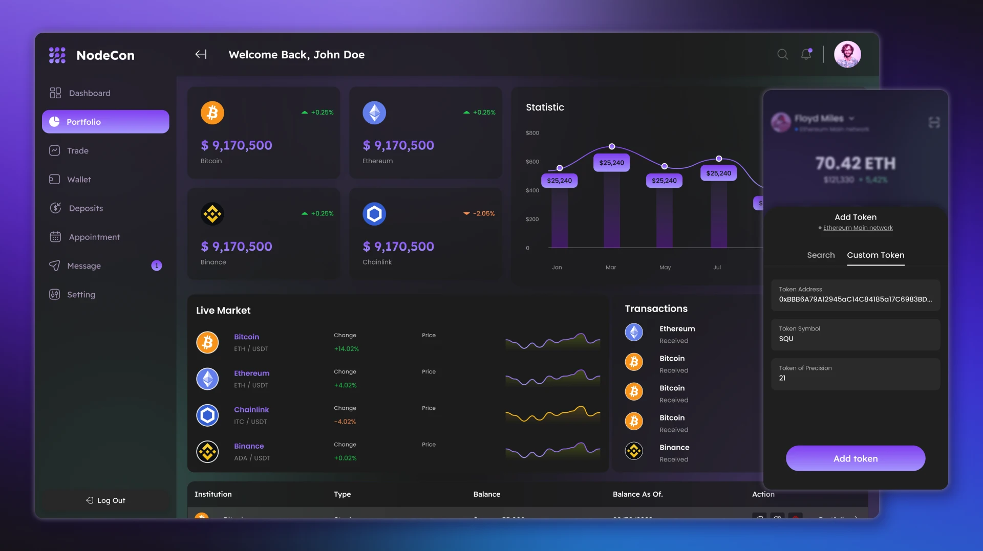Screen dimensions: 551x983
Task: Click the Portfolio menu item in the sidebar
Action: coord(105,122)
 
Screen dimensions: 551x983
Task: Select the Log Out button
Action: coord(105,500)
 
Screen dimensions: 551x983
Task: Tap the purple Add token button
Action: coord(855,458)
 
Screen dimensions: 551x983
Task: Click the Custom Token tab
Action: coord(875,255)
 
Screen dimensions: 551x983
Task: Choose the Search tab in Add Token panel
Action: coord(820,255)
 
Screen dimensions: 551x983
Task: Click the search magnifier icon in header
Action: coord(782,54)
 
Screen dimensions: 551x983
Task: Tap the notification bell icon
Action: coord(806,54)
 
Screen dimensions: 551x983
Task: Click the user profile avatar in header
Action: coord(847,54)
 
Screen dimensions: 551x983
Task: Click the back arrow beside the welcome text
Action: coord(201,54)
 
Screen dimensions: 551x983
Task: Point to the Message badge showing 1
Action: coord(157,266)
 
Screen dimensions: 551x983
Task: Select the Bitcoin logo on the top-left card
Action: coord(212,113)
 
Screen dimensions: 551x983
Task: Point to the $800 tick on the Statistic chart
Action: coord(532,133)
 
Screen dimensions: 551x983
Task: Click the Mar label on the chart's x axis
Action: coord(610,268)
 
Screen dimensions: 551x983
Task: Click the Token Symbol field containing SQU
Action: coord(855,334)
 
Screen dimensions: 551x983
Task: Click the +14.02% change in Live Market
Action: coord(346,349)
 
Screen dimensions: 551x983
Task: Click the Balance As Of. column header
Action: coord(637,494)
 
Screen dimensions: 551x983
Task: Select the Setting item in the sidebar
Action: coord(81,295)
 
